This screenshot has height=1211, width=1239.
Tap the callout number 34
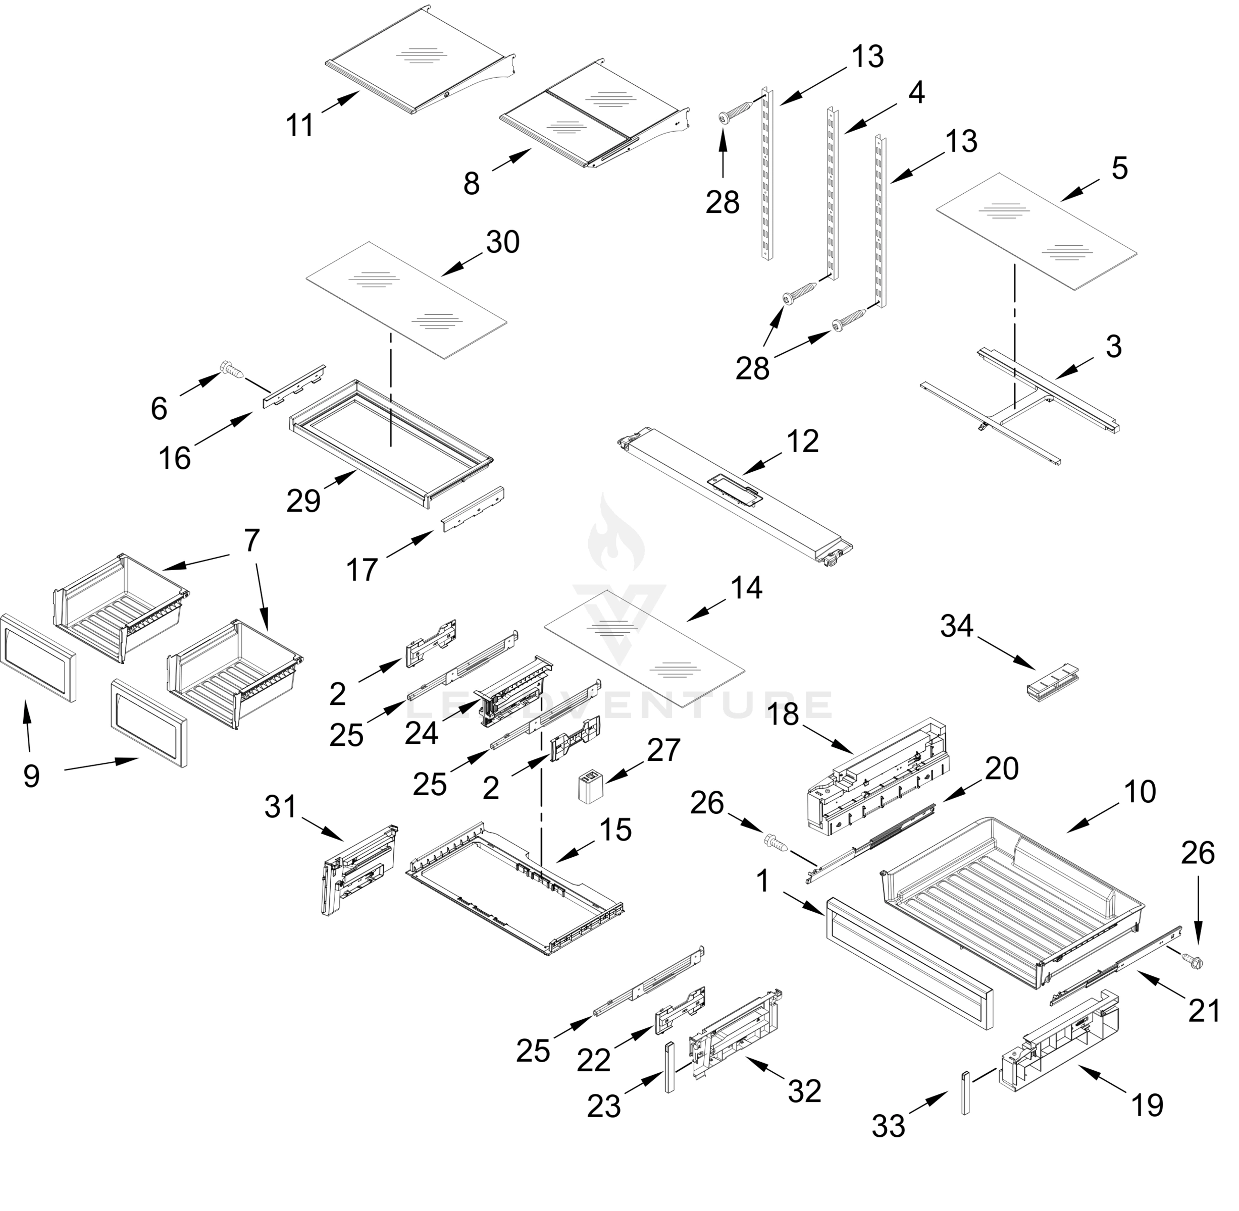(956, 627)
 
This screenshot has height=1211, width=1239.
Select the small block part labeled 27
(590, 788)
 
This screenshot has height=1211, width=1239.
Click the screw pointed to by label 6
(230, 369)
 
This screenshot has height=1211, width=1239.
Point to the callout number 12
(802, 442)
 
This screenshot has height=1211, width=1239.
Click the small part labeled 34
(1053, 683)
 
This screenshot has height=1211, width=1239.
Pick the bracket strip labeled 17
(473, 509)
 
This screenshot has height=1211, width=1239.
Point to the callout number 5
(1119, 169)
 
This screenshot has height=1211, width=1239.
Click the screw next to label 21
(1192, 962)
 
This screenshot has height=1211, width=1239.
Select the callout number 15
(615, 830)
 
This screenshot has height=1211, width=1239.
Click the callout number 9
(31, 776)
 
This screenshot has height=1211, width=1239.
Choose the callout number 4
(916, 93)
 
